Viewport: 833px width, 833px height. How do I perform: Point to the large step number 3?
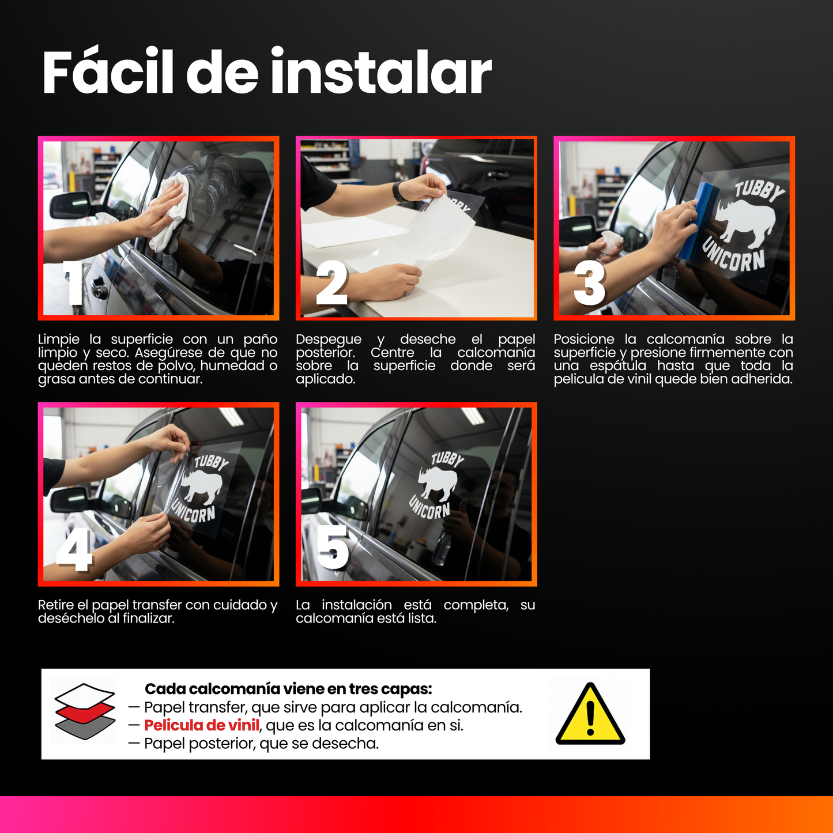pyautogui.click(x=589, y=284)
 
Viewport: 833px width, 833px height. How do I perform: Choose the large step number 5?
pyautogui.click(x=333, y=548)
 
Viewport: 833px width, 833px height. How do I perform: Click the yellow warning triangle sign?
pyautogui.click(x=590, y=715)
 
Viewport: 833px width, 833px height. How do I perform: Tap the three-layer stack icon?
pyautogui.click(x=85, y=711)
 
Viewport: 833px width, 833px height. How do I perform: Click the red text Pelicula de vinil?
pyautogui.click(x=201, y=725)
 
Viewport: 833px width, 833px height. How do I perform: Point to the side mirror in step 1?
pyautogui.click(x=70, y=206)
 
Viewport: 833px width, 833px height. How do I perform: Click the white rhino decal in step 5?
pyautogui.click(x=438, y=483)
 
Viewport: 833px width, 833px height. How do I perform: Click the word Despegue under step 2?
pyautogui.click(x=328, y=340)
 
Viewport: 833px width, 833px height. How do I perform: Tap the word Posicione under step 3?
pyautogui.click(x=583, y=340)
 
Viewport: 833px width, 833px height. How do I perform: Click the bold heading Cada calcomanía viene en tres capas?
pyautogui.click(x=288, y=689)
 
